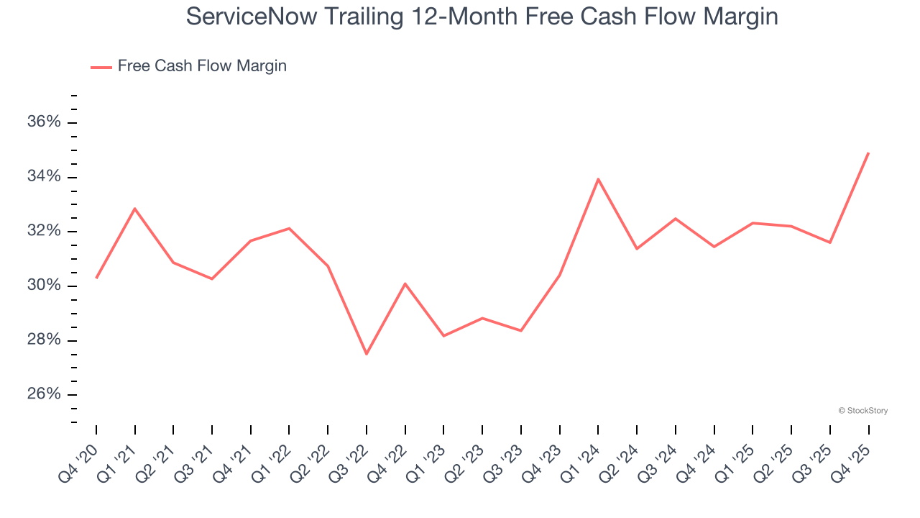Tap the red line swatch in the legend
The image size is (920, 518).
pos(101,67)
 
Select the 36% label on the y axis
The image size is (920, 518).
pos(44,122)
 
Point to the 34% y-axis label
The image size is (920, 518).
pos(44,177)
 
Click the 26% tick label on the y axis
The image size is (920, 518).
pos(44,394)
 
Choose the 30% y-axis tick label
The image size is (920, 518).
pos(44,286)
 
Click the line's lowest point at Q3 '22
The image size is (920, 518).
pos(367,354)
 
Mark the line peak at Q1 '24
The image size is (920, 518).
pos(598,179)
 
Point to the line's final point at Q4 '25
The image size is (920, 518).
pos(868,153)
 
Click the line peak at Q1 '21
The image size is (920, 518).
pos(135,209)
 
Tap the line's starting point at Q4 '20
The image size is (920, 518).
pos(96,278)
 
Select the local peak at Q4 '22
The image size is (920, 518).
pos(405,283)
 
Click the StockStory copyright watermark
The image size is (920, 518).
pos(862,411)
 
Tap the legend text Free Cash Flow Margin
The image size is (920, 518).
pos(202,66)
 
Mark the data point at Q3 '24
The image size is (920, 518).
pos(676,219)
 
